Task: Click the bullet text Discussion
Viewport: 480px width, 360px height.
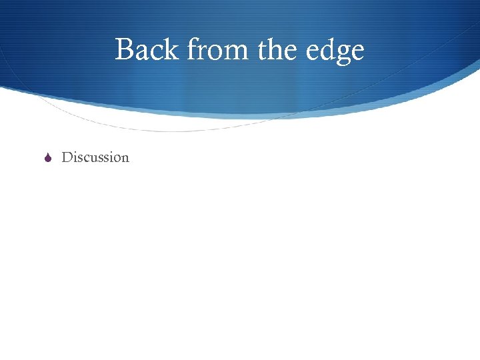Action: [x=95, y=157]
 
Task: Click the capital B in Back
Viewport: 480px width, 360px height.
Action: [x=123, y=50]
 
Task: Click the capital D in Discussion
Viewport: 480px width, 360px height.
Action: [x=67, y=157]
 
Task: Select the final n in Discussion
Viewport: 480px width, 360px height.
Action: [x=125, y=159]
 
